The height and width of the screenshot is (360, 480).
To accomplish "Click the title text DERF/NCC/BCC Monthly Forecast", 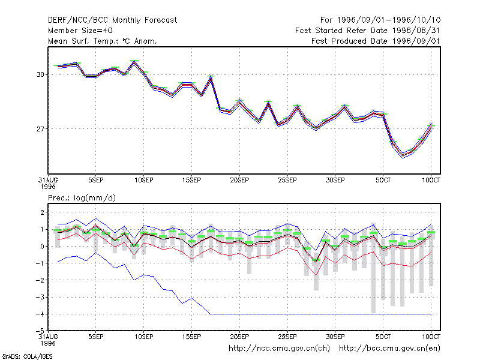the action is [x=112, y=20].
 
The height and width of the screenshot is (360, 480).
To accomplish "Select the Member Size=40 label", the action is [x=80, y=31].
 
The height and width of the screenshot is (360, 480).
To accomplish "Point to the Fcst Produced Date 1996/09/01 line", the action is [x=376, y=41].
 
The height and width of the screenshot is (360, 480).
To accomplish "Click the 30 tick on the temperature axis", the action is [x=40, y=74].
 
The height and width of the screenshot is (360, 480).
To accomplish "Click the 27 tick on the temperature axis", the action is [x=40, y=129].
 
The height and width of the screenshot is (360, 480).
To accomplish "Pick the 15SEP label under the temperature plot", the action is [x=191, y=181].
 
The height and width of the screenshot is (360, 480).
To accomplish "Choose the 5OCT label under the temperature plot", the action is [x=383, y=181].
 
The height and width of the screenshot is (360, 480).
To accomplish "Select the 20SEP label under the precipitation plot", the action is [x=239, y=337].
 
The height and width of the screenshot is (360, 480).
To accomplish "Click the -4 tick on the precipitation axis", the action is [x=40, y=314].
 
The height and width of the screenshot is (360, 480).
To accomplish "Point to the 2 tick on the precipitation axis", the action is [x=42, y=212].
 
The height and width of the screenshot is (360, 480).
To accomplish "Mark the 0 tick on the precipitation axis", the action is [x=42, y=247].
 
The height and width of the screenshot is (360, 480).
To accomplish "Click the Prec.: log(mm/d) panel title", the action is [x=82, y=198].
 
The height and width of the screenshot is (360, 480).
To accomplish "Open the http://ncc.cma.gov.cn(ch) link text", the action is [x=279, y=349].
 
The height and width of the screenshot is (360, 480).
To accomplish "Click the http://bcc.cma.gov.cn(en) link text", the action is [x=389, y=349].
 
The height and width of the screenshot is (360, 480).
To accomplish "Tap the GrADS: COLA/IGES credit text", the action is [x=28, y=356].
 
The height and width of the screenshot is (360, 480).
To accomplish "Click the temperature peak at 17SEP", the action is [x=211, y=77].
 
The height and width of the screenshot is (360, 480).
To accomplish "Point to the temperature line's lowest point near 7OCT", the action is [x=403, y=155].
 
